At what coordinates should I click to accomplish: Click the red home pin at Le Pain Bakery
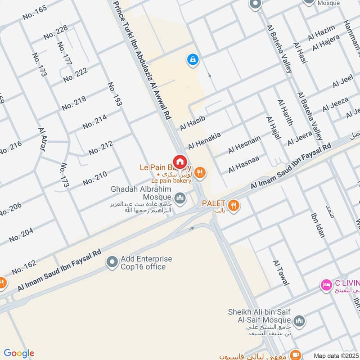180,161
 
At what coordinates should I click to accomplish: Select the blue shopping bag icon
193,59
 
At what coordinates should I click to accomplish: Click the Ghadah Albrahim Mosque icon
180,198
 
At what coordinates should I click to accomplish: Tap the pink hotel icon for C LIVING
325,284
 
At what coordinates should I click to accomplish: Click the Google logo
18,353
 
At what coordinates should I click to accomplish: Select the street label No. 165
35,14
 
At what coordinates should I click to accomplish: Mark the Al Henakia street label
204,140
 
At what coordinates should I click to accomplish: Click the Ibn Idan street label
318,224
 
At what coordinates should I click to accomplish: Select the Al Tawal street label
281,273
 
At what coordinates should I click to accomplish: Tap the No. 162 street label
24,268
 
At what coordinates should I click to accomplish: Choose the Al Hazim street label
321,33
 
